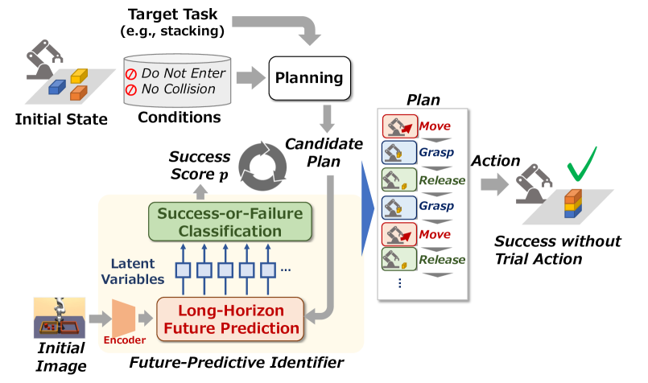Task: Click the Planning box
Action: click(309, 78)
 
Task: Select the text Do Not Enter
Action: click(183, 73)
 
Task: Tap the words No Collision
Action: click(178, 89)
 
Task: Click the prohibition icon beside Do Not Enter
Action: click(131, 74)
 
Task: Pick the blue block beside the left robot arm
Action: click(57, 87)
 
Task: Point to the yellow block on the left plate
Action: click(79, 76)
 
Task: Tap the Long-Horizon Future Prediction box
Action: click(231, 319)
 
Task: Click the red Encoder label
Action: click(124, 340)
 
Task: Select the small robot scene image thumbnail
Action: click(59, 317)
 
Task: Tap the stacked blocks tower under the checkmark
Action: click(572, 204)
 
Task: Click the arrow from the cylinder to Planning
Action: click(250, 78)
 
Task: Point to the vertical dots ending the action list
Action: click(399, 283)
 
